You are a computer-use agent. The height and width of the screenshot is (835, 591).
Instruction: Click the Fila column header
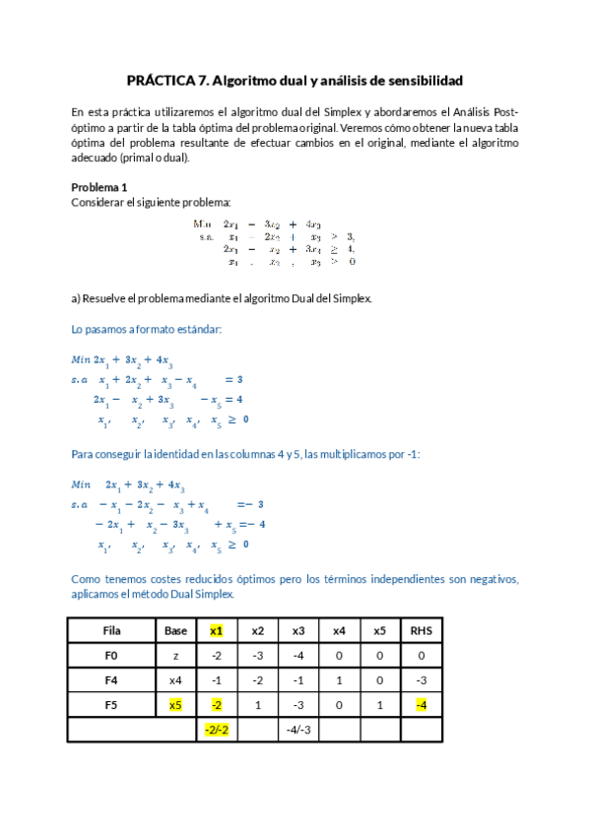(x=111, y=630)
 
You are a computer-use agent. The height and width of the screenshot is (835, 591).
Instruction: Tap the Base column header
(x=175, y=630)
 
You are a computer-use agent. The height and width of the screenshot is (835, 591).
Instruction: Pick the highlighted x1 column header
(x=216, y=630)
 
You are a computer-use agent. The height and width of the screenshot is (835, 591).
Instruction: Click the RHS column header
(x=421, y=630)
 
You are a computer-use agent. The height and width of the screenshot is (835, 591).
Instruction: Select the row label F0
(x=111, y=655)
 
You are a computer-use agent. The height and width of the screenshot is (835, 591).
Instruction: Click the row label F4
(x=111, y=679)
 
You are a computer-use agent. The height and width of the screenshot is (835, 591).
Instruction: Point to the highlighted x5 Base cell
(x=175, y=704)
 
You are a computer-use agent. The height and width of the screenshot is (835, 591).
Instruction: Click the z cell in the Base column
(x=175, y=655)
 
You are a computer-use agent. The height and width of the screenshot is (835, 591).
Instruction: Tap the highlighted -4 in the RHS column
(x=421, y=704)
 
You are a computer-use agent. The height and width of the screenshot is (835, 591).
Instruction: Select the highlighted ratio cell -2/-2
(x=216, y=730)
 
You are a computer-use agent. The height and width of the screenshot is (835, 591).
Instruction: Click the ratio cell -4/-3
(x=298, y=730)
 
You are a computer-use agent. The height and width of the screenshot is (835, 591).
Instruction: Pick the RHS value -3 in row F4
(x=421, y=679)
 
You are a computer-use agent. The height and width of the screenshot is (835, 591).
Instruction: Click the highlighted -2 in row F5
(x=216, y=704)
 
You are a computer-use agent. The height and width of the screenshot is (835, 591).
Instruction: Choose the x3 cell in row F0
(x=298, y=655)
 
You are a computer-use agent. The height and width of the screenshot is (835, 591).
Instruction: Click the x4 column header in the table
(x=339, y=630)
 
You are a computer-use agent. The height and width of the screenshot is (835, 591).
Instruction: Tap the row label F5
(x=111, y=704)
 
